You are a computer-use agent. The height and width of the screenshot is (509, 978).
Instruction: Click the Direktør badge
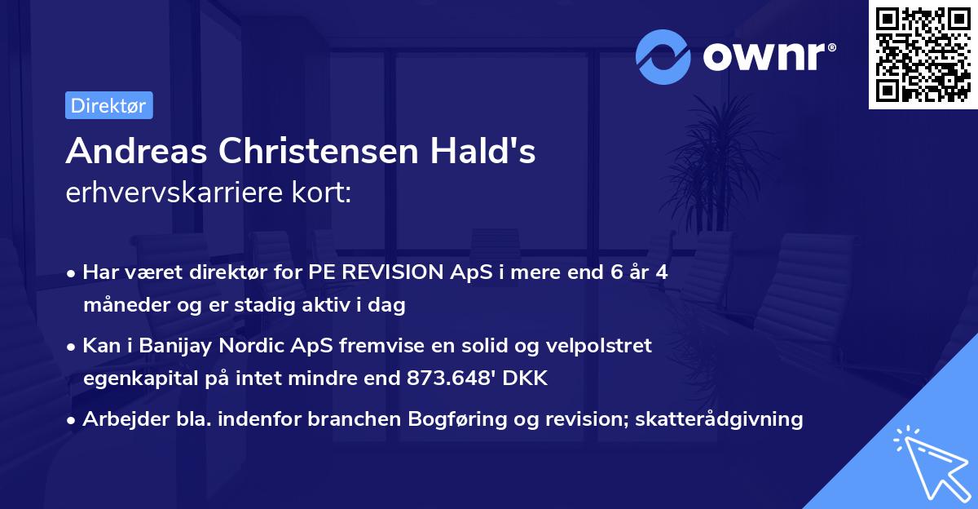108,105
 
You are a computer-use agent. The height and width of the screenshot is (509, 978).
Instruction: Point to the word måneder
121,306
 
